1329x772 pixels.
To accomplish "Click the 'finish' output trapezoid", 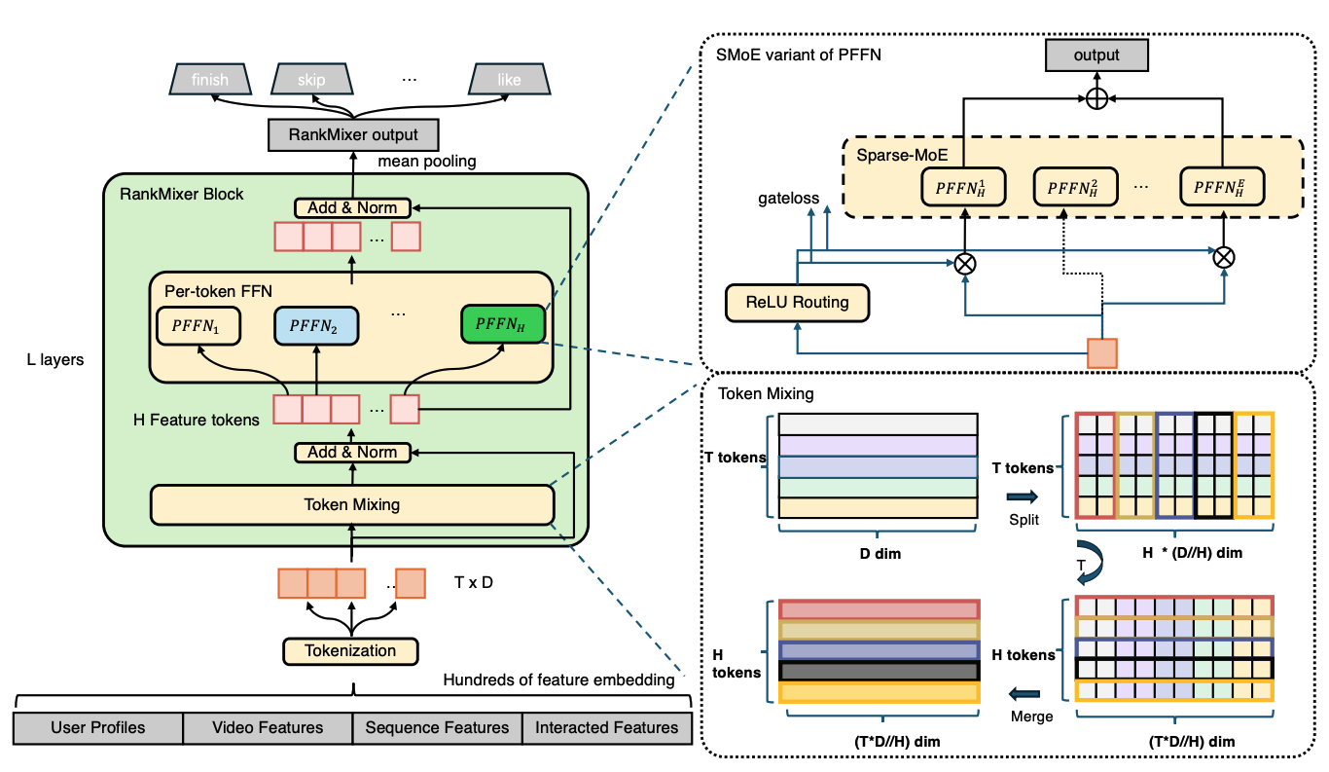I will [209, 80].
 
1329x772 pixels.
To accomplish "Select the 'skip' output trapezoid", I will [311, 80].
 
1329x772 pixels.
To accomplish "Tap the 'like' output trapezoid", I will [508, 80].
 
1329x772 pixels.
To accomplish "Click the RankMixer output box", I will [352, 135].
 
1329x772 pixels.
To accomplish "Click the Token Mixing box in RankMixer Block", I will [352, 504].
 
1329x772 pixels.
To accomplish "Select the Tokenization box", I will [351, 650].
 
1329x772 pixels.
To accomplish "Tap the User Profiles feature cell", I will [98, 728].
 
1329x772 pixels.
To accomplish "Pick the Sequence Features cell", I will [437, 728].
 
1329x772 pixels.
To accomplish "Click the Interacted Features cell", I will [606, 728].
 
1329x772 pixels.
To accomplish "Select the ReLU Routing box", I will [797, 302].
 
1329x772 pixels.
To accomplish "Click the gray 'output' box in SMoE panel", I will [1096, 55].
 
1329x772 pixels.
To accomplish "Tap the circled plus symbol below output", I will [1096, 98].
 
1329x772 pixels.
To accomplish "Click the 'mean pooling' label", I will [426, 162].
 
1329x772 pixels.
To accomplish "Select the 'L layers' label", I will [55, 360].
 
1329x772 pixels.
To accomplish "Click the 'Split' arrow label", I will [1024, 520].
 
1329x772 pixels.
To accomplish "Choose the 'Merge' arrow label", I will [1031, 717].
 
